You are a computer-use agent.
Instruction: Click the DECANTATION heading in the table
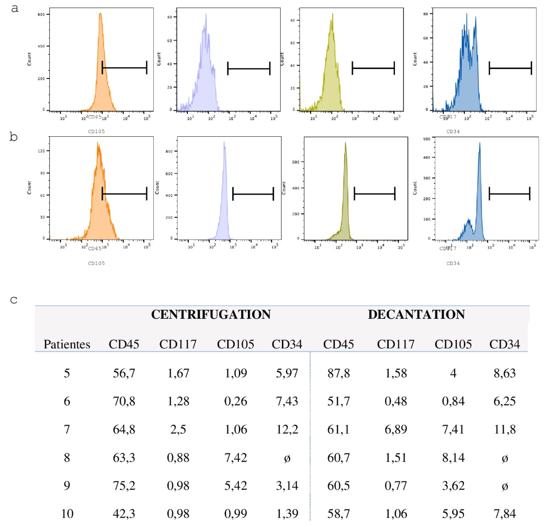[416, 315]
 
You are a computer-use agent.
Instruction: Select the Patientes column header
[67, 344]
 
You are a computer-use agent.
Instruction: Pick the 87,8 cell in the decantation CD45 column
[338, 373]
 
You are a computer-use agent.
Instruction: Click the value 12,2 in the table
[287, 429]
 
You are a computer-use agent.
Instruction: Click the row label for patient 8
[67, 458]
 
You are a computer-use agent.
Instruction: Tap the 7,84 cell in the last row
[504, 514]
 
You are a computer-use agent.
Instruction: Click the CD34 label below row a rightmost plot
[453, 131]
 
